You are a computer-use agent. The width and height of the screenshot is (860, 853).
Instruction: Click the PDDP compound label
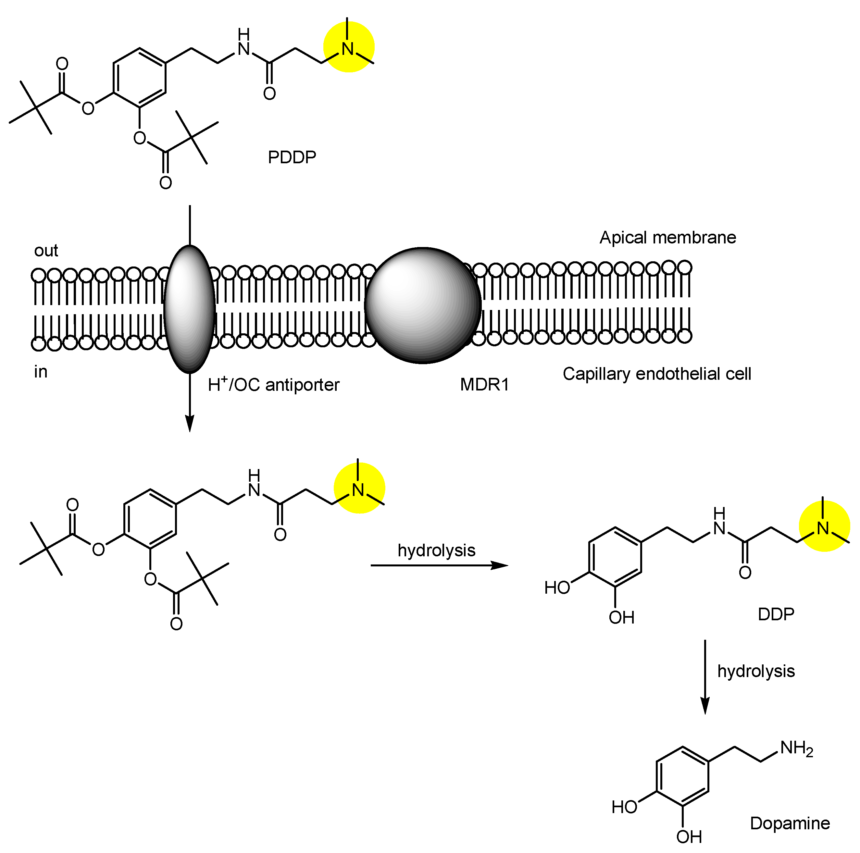[292, 157]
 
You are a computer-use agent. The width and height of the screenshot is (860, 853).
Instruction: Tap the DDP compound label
[776, 614]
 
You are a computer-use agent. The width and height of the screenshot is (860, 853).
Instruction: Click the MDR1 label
[484, 384]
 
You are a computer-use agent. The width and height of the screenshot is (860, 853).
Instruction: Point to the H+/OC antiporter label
[273, 384]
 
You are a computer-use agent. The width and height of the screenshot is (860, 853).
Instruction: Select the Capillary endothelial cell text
[656, 374]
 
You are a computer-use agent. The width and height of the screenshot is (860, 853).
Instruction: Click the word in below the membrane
[41, 372]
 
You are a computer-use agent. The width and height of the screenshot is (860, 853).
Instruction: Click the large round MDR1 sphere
[422, 305]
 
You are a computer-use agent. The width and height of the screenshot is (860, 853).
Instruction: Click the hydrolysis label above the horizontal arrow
[436, 550]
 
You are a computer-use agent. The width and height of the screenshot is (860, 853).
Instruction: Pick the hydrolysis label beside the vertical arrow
[756, 671]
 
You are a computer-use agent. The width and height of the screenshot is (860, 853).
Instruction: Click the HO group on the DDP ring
[557, 588]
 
